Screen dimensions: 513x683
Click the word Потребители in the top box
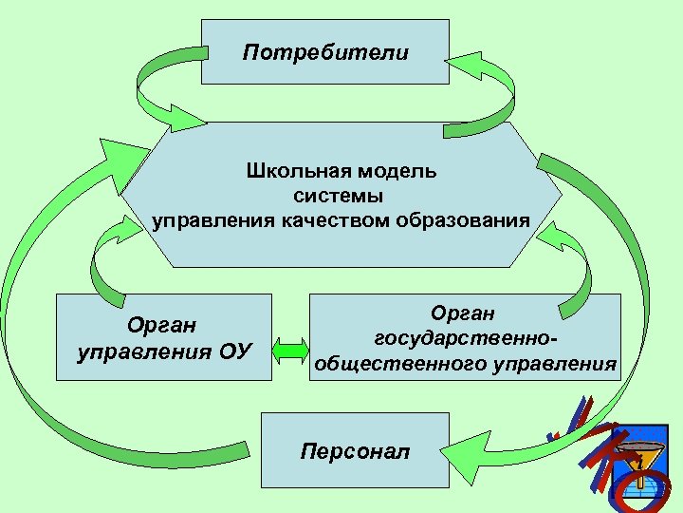(325, 52)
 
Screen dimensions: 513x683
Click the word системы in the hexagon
(339, 197)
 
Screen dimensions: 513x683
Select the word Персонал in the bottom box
(355, 450)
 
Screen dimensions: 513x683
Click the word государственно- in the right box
(465, 338)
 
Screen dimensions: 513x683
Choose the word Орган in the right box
(464, 313)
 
